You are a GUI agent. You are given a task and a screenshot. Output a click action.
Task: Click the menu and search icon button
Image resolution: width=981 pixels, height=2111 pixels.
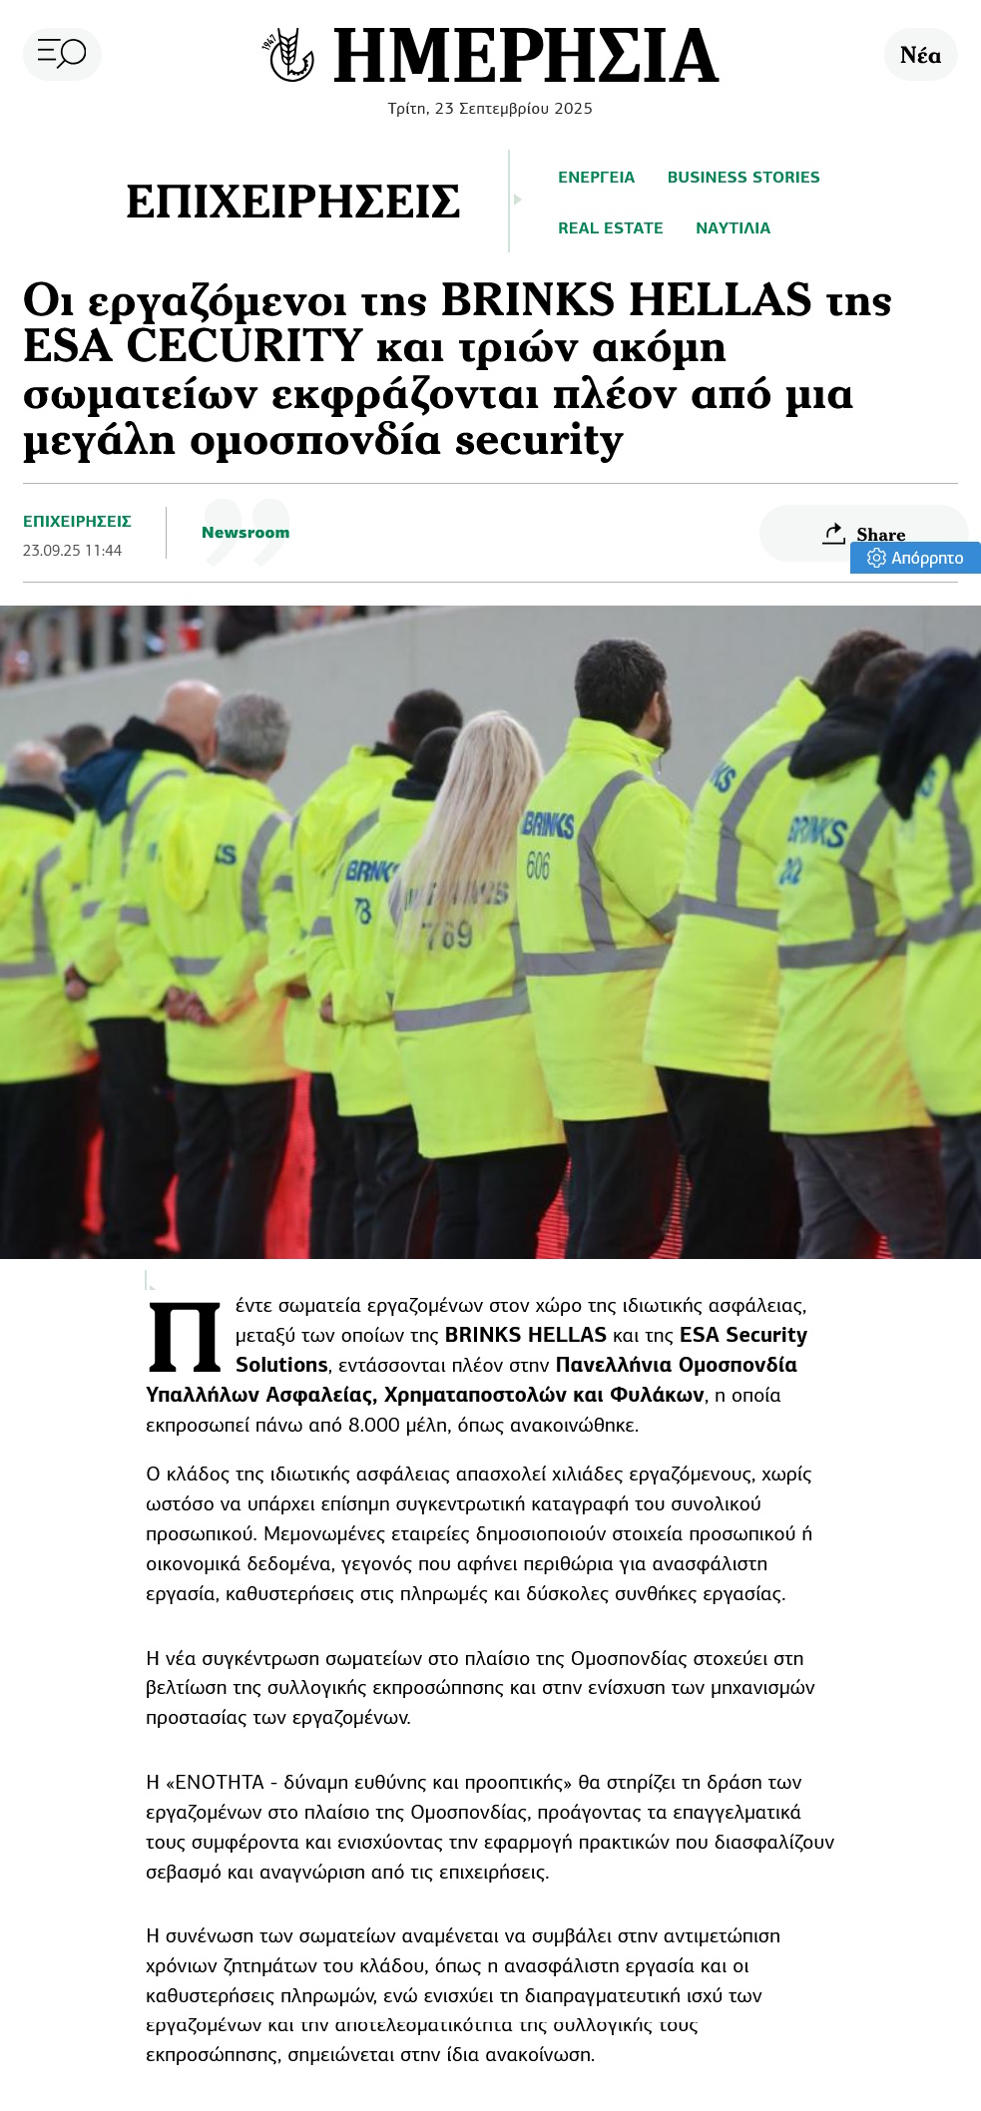62,53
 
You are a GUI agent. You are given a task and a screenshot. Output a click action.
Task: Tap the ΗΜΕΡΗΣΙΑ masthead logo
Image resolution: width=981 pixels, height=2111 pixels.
490,56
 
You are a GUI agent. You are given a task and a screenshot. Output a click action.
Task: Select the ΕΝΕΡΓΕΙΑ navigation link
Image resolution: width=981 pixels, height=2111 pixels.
596,178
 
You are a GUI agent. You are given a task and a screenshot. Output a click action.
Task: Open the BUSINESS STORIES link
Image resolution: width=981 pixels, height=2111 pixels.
742,178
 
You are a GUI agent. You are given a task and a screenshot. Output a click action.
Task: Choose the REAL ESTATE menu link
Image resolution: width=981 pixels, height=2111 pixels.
610,228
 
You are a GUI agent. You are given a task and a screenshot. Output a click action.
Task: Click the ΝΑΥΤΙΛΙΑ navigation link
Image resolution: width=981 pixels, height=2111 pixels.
733,228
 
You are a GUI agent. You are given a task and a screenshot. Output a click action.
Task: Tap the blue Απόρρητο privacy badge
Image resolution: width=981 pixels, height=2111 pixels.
915,558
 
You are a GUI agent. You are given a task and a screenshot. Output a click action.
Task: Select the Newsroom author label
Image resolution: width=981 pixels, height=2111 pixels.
245,533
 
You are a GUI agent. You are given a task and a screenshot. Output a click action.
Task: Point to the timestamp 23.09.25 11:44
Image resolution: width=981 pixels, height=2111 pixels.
72,551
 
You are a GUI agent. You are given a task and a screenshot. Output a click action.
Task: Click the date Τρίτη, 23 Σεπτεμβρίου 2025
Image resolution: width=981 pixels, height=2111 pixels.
490,109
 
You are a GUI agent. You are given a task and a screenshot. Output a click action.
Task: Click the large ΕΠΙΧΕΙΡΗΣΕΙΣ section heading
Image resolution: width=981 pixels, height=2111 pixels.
292,203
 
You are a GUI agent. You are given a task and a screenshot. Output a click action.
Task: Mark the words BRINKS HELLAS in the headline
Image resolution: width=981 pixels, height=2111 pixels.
626,300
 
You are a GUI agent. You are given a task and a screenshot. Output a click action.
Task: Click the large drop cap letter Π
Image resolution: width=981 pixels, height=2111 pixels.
185,1336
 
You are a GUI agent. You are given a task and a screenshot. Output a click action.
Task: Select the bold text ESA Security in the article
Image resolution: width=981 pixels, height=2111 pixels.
742,1335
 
